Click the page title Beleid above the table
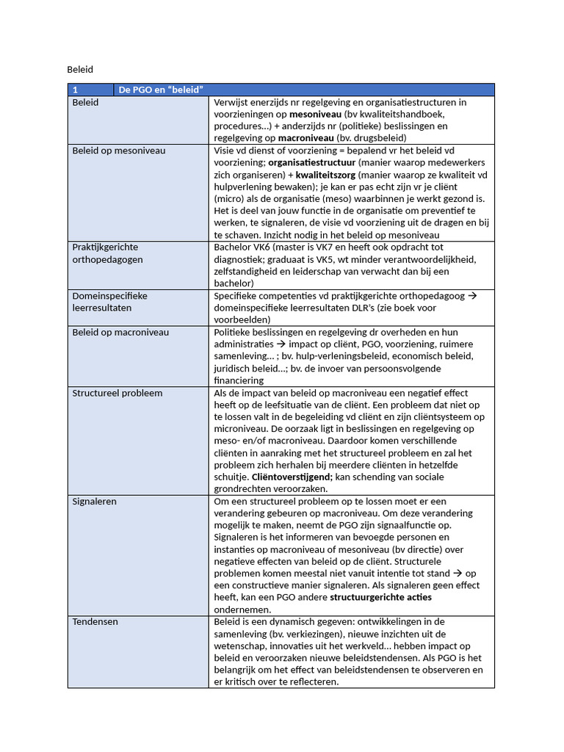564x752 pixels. [x=80, y=70]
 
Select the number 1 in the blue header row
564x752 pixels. [x=75, y=90]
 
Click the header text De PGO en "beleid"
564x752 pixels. [x=161, y=90]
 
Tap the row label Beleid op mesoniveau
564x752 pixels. [x=118, y=151]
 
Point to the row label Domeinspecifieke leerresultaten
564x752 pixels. [x=109, y=302]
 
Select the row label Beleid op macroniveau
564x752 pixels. [x=120, y=332]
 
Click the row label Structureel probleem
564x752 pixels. [x=117, y=393]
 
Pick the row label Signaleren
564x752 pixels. [x=94, y=501]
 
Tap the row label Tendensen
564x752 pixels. [x=95, y=621]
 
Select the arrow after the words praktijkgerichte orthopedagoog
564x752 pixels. [x=472, y=295]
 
